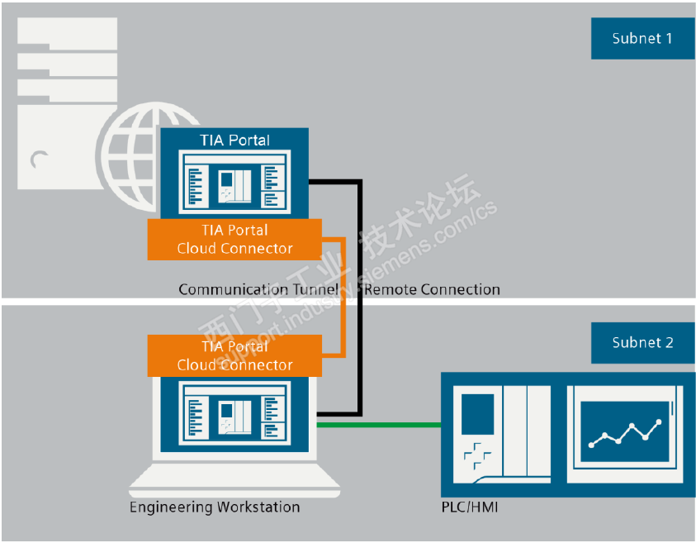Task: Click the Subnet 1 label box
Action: tap(642, 38)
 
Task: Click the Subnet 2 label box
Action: tap(642, 342)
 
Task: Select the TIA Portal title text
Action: tap(234, 140)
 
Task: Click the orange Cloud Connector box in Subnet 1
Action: tap(234, 239)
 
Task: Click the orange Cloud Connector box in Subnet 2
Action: tap(234, 355)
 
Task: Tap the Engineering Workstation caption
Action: tap(215, 507)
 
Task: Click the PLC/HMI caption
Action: tap(470, 506)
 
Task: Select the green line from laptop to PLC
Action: tap(380, 426)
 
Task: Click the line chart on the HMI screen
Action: tap(625, 433)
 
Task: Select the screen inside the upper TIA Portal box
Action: tap(234, 181)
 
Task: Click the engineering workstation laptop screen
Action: tap(234, 413)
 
